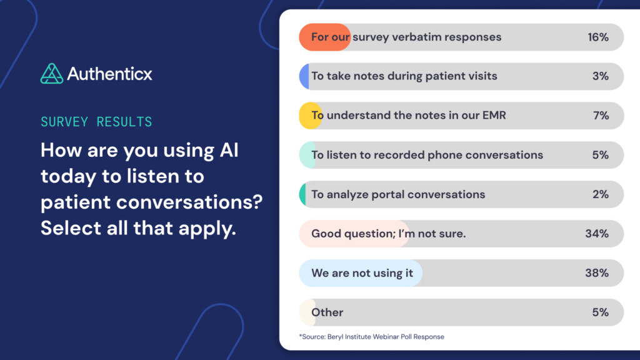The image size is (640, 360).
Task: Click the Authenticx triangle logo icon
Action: pyautogui.click(x=52, y=74)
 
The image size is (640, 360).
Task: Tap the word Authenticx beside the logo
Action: pyautogui.click(x=109, y=74)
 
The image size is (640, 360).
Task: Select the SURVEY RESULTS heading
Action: pyautogui.click(x=96, y=121)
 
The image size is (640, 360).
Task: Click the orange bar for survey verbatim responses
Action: pyautogui.click(x=324, y=37)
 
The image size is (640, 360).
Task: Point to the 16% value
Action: pyautogui.click(x=597, y=37)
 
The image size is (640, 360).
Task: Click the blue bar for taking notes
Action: pyautogui.click(x=304, y=76)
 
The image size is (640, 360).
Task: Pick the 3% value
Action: pyautogui.click(x=600, y=76)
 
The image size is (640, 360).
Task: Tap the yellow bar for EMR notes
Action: pyautogui.click(x=310, y=116)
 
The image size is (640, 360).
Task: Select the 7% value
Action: pyautogui.click(x=600, y=116)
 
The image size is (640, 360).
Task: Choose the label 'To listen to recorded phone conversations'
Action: pyautogui.click(x=427, y=155)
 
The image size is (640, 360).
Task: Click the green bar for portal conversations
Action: pyautogui.click(x=303, y=194)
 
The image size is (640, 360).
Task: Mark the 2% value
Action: pyautogui.click(x=600, y=194)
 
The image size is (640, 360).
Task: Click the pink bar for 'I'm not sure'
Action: pyautogui.click(x=354, y=234)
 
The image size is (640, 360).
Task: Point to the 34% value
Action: pyautogui.click(x=597, y=234)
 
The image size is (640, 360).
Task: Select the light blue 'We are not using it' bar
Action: pyautogui.click(x=361, y=273)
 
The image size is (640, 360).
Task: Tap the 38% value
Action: pyautogui.click(x=597, y=273)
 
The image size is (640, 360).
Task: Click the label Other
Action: pyautogui.click(x=327, y=312)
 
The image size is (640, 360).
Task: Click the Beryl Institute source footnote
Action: pyautogui.click(x=371, y=337)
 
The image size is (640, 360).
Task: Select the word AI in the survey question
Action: pyautogui.click(x=227, y=151)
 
